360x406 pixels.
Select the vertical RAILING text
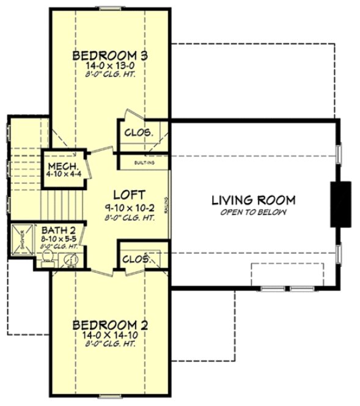[166, 202]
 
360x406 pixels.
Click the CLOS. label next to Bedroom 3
[138, 132]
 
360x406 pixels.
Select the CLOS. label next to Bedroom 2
[136, 259]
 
